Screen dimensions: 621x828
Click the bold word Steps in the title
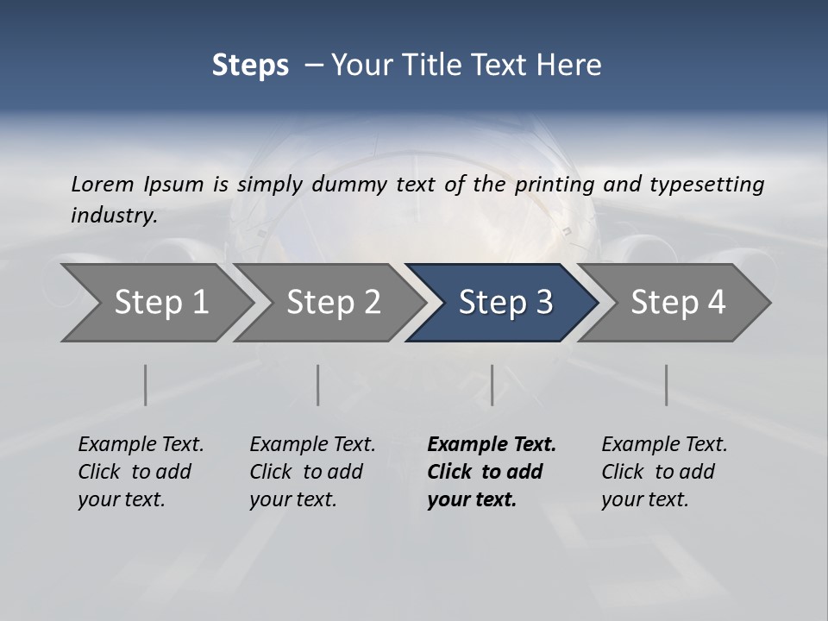pyautogui.click(x=250, y=66)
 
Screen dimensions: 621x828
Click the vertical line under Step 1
pyautogui.click(x=145, y=385)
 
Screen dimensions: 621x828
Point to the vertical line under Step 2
pyautogui.click(x=318, y=385)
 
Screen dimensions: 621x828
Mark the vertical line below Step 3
pyautogui.click(x=492, y=385)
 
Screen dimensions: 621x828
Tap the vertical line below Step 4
pyautogui.click(x=666, y=385)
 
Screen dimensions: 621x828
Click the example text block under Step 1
pyautogui.click(x=141, y=472)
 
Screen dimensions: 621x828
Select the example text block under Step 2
pyautogui.click(x=312, y=472)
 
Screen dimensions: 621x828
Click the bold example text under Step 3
pyautogui.click(x=492, y=472)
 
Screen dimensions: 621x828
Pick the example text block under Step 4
pyautogui.click(x=664, y=472)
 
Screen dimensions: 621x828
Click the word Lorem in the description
pyautogui.click(x=103, y=184)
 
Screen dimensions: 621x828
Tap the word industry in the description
pyautogui.click(x=114, y=216)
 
